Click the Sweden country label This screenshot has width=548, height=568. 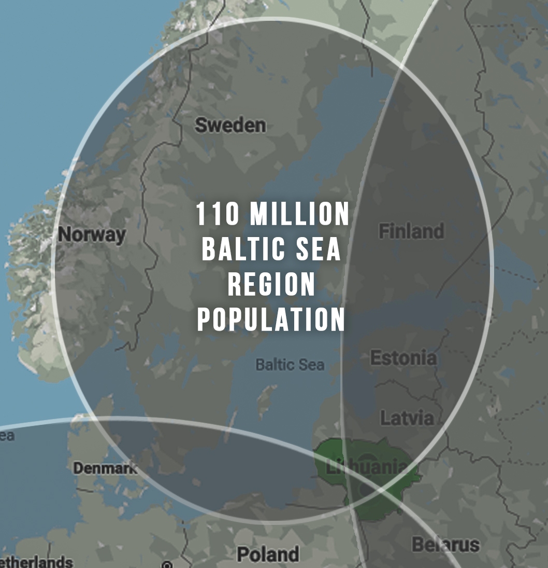pos(230,125)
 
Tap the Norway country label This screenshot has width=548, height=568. pos(92,234)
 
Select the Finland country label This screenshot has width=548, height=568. pos(411,231)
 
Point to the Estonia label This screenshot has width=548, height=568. pos(403,358)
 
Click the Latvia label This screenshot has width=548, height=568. pos(407,418)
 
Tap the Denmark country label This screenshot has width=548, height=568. pos(105,468)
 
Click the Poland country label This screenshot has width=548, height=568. pos(268,555)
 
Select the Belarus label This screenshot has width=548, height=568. pos(445,545)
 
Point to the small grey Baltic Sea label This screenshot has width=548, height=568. pos(290,365)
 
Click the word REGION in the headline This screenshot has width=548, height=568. pos(271,284)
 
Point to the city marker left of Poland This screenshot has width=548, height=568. pos(167,564)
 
